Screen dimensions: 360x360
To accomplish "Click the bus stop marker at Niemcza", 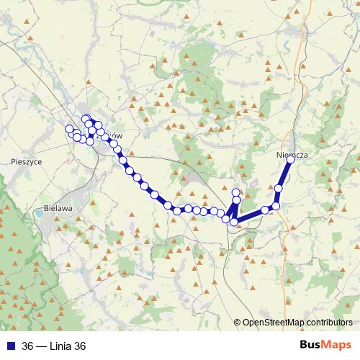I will [291, 160].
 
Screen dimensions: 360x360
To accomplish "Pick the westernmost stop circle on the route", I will [70, 130].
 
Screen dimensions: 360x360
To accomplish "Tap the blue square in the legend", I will [10, 346].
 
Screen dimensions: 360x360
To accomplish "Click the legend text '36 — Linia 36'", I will [54, 346].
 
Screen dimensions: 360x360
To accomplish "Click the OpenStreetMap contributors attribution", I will [297, 323].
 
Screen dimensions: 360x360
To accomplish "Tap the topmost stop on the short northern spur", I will [236, 192].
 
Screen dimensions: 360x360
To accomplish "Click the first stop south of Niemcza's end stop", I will [279, 189].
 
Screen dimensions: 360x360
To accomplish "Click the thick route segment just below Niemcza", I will [285, 174].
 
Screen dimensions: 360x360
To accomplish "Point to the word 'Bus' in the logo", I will [310, 345].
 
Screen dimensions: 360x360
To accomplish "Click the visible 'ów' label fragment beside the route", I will [120, 136].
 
